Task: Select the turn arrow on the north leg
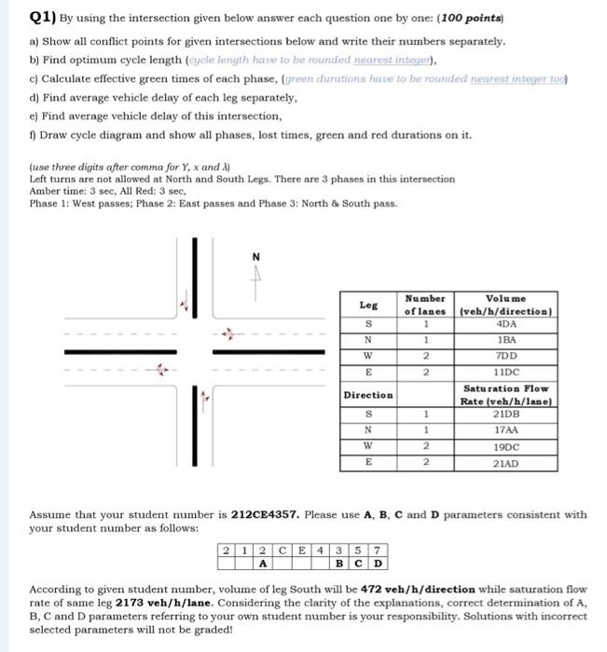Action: click(x=186, y=301)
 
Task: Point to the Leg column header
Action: click(x=368, y=305)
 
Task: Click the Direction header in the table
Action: click(x=368, y=395)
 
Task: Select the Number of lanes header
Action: click(x=425, y=305)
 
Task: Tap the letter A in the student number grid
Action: click(x=264, y=563)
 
